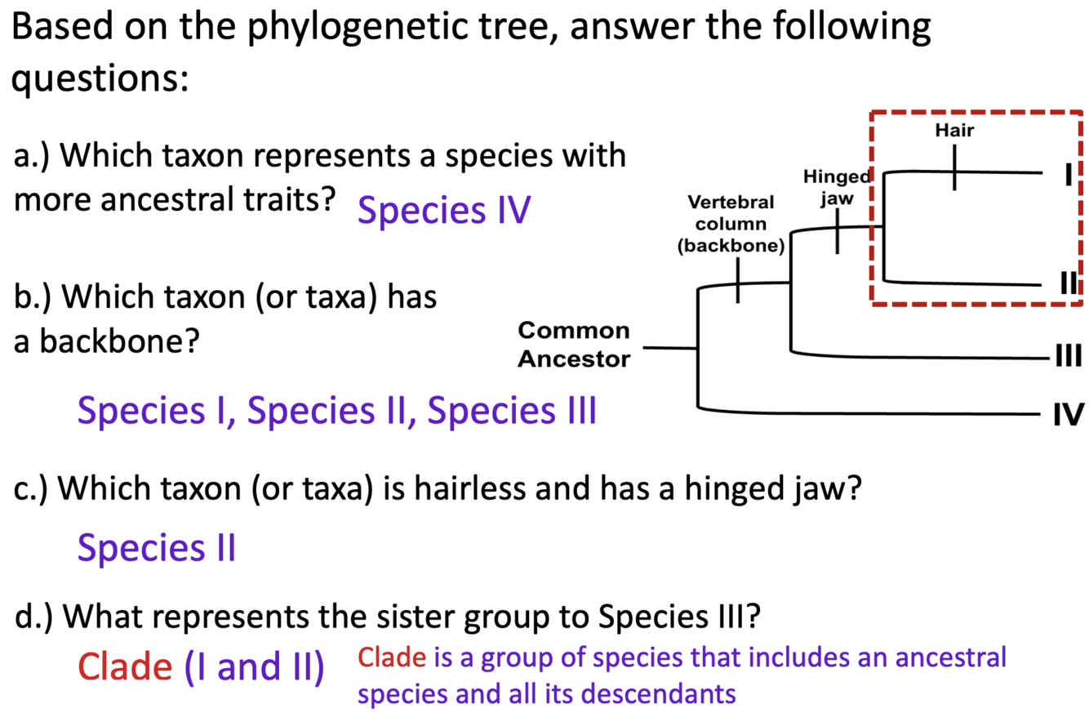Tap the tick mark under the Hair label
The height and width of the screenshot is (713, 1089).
(953, 169)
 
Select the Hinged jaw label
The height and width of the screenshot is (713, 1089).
(838, 186)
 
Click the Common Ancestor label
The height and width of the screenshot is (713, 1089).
(575, 345)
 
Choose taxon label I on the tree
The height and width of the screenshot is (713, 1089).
(1065, 174)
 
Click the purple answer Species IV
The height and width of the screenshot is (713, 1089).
(444, 212)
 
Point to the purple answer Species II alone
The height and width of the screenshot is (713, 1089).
(157, 547)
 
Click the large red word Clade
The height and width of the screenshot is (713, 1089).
(124, 667)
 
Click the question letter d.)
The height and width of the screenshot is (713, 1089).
(34, 617)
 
